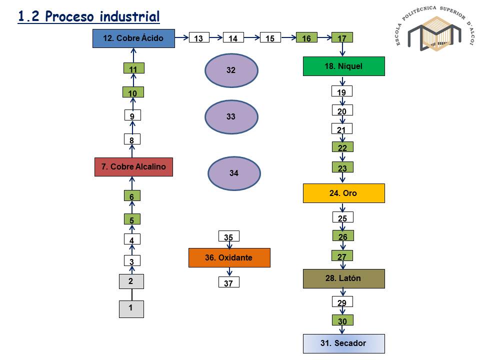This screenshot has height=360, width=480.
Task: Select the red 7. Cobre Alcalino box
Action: [133, 166]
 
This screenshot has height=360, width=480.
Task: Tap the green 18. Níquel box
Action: [343, 66]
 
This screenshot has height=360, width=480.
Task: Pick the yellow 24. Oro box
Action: [343, 193]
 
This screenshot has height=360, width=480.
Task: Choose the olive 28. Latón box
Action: [343, 278]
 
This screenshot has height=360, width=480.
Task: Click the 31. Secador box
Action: [343, 343]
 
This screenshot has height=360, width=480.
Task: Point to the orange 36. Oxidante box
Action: [229, 257]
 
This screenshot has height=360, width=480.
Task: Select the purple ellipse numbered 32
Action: [231, 70]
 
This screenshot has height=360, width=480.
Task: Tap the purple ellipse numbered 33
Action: [231, 117]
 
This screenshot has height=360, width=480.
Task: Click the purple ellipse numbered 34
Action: [234, 173]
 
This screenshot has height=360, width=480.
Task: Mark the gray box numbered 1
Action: [131, 308]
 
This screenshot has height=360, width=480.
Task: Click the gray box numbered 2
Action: [131, 281]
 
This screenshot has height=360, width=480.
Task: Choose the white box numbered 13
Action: [199, 38]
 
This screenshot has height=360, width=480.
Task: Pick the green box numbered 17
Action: [342, 38]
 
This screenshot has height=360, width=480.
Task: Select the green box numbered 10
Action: [133, 92]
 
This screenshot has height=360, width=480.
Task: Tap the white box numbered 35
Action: [229, 236]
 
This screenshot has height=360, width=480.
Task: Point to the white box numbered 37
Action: [229, 283]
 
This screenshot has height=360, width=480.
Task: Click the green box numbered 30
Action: [342, 321]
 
